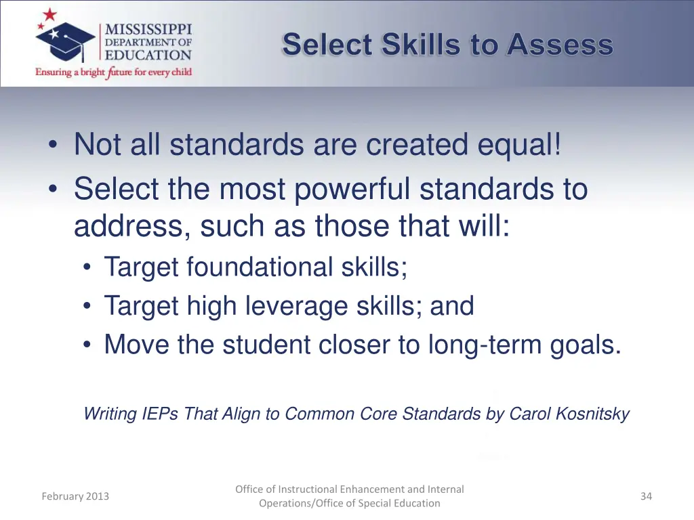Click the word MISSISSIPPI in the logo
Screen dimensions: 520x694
tap(148, 30)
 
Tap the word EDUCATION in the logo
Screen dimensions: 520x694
tap(148, 56)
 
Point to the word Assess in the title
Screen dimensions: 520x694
tap(560, 45)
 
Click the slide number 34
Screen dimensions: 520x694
tap(646, 496)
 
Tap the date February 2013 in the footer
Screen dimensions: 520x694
tap(75, 496)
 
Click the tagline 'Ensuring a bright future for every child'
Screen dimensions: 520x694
tap(113, 72)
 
